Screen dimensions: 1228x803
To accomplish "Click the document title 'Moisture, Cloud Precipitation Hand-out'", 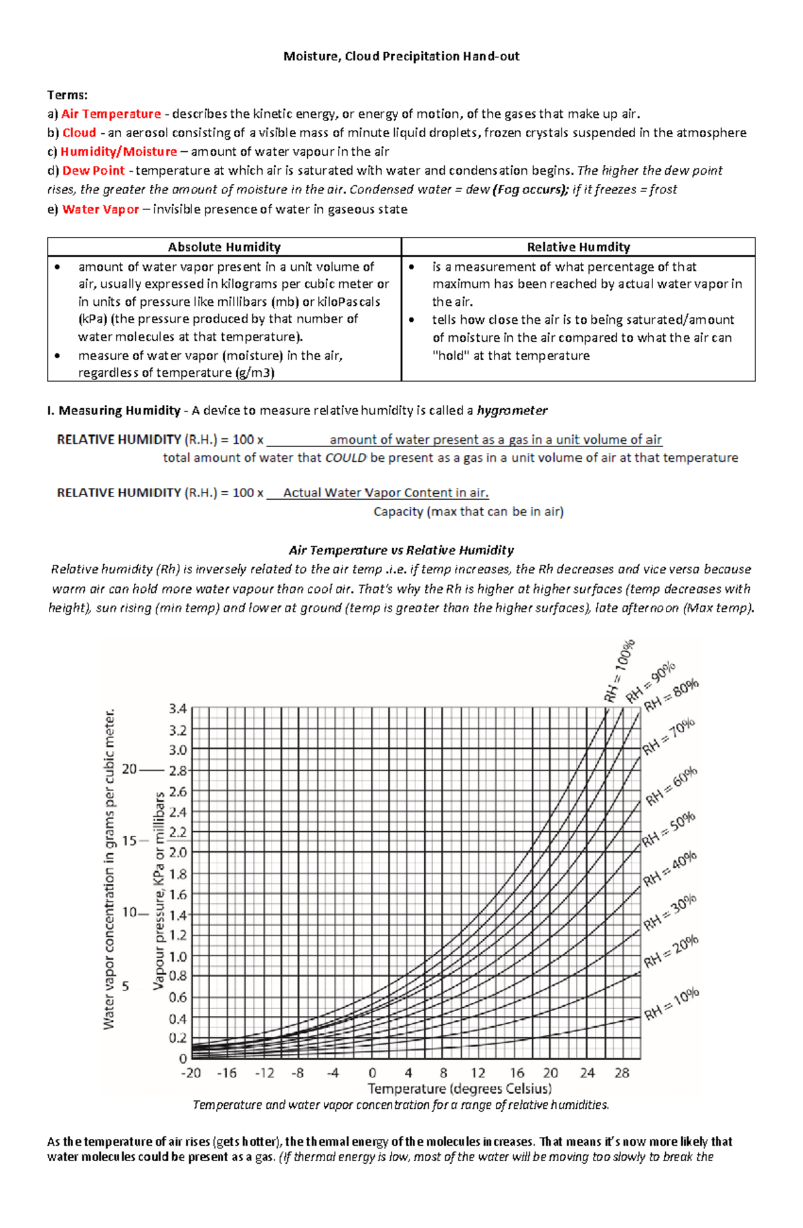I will (x=401, y=56).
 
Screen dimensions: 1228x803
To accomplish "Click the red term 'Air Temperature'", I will (x=111, y=114).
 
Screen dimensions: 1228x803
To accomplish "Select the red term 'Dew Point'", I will (x=94, y=171).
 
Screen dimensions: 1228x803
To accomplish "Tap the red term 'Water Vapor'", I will (x=100, y=209).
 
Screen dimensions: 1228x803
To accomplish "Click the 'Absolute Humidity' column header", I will (x=224, y=247).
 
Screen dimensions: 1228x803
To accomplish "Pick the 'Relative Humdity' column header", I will (x=578, y=247).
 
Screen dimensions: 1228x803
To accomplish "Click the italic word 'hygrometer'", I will (x=512, y=410).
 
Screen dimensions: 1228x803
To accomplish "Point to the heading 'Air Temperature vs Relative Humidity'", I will (x=401, y=550).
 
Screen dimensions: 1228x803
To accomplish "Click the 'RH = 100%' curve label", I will (x=619, y=671).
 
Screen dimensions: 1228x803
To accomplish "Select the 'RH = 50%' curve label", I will (x=668, y=830).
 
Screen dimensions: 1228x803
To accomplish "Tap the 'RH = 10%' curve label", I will (x=671, y=1004).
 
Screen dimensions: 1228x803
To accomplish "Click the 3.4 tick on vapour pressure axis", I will (x=178, y=708).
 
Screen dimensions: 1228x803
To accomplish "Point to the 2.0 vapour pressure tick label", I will (x=178, y=853).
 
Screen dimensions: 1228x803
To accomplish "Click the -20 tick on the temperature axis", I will (x=191, y=1073).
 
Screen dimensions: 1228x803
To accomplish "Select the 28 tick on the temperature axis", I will (x=622, y=1073).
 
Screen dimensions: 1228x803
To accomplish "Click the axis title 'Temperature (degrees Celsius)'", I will (x=460, y=1089).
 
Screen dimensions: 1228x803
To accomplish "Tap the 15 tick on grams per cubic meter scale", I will (x=129, y=841).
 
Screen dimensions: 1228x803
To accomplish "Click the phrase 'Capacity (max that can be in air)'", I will (x=468, y=511).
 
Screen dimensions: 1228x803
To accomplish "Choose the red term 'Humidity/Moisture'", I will (x=118, y=152).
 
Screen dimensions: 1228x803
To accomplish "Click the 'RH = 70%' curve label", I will (x=668, y=736).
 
